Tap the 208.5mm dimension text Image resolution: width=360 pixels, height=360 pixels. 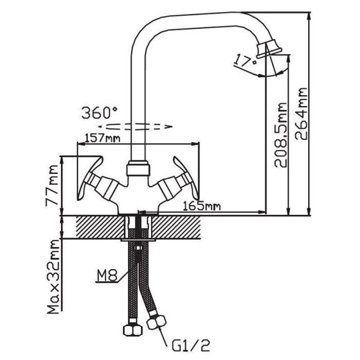click(281, 135)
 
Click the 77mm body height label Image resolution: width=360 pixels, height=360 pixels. click(52, 186)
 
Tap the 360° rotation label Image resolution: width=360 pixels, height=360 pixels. click(99, 113)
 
